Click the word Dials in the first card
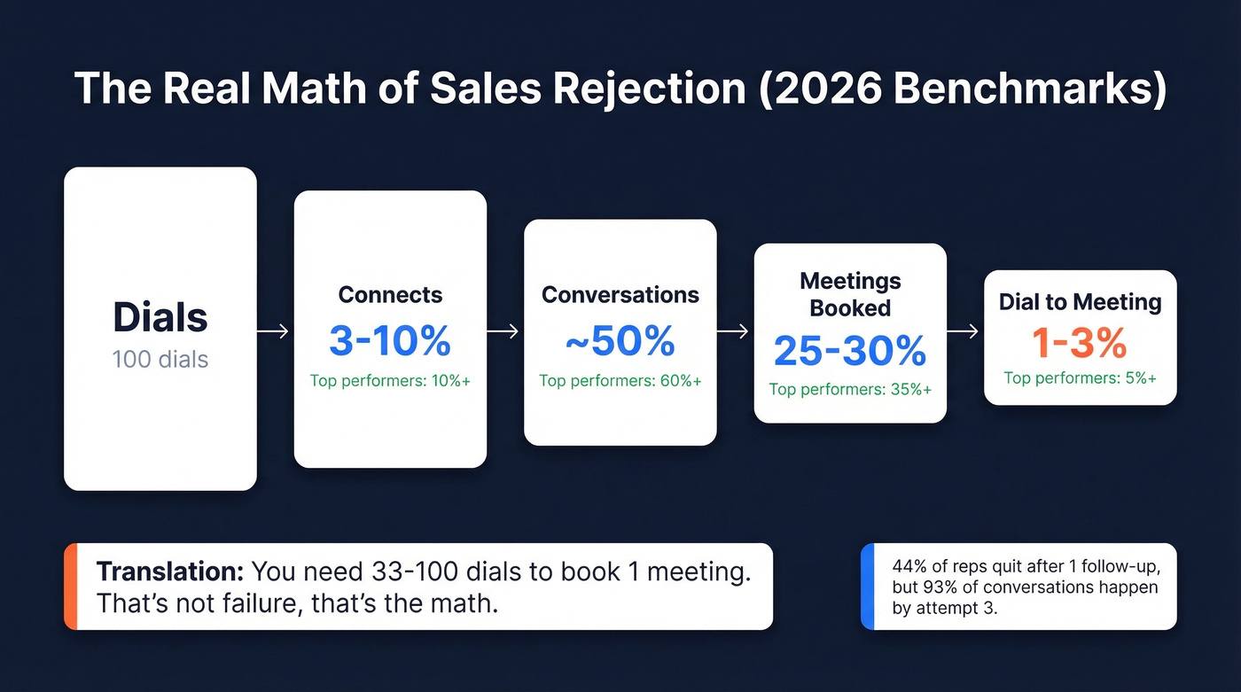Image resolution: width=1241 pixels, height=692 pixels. pyautogui.click(x=160, y=318)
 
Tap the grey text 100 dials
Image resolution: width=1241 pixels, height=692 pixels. pyautogui.click(x=160, y=360)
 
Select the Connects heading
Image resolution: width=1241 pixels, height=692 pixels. pyautogui.click(x=390, y=295)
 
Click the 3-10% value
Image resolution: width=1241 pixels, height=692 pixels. pyautogui.click(x=390, y=340)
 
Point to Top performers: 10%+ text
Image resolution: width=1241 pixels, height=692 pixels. pyautogui.click(x=390, y=381)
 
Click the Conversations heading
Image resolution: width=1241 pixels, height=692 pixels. pyautogui.click(x=620, y=295)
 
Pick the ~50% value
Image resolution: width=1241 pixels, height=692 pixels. pyautogui.click(x=620, y=341)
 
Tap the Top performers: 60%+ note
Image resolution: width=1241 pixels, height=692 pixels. pyautogui.click(x=620, y=381)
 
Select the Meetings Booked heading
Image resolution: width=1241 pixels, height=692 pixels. pyautogui.click(x=850, y=295)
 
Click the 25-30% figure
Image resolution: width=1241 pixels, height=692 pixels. pyautogui.click(x=850, y=352)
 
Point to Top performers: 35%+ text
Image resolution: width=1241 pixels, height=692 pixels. pyautogui.click(x=850, y=389)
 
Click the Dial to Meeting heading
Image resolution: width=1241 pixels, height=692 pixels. pyautogui.click(x=1080, y=302)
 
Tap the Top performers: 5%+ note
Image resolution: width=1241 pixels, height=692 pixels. pyautogui.click(x=1080, y=378)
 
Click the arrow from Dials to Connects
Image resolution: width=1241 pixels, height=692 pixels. pyautogui.click(x=274, y=331)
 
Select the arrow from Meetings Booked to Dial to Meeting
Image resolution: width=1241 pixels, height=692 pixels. pyautogui.click(x=964, y=331)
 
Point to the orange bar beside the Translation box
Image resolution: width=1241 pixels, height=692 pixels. pyautogui.click(x=71, y=587)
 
